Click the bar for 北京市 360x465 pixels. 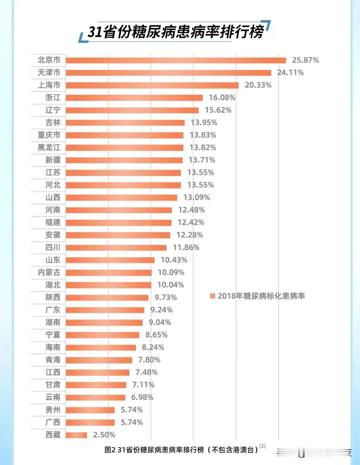[176, 60]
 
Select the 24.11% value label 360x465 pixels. [290, 73]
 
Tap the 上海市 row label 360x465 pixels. [49, 85]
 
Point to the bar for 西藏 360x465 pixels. [76, 435]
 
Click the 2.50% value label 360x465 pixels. [104, 435]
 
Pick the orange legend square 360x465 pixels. [213, 296]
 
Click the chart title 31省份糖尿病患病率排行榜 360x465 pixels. [175, 32]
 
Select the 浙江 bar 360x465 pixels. [134, 98]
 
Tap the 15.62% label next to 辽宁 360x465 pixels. [218, 110]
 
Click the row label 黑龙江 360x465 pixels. [49, 147]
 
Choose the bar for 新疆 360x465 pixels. [124, 160]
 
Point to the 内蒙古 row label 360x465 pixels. [49, 273]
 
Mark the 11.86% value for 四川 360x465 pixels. [186, 248]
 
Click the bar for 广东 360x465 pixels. [105, 310]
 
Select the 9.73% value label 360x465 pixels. [166, 298]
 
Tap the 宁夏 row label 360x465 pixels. [53, 335]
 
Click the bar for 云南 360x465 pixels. [95, 397]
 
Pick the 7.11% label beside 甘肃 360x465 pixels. [143, 385]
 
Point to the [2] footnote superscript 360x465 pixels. [263, 446]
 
